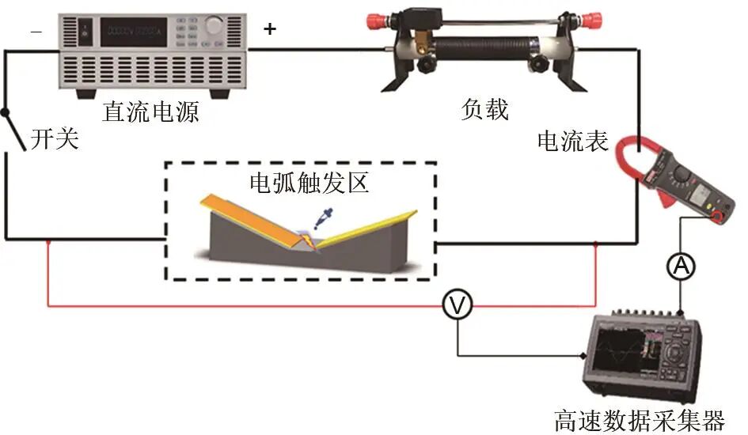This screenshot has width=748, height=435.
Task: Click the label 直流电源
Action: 150,112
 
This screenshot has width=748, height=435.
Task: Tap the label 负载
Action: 484,109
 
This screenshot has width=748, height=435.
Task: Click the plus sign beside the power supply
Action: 271,29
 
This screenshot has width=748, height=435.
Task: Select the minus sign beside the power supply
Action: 36,31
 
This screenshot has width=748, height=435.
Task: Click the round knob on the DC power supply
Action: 214,25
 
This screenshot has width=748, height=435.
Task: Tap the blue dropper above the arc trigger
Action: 325,215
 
